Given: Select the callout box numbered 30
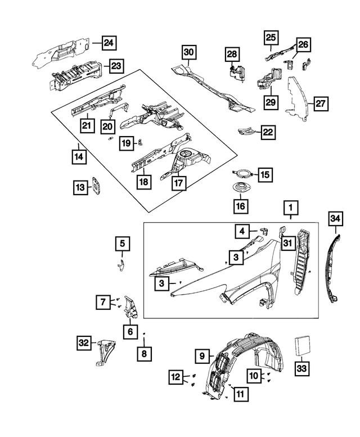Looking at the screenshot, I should click(x=188, y=54).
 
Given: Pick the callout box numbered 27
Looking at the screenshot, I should click(x=320, y=104).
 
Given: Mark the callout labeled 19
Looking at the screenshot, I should click(x=127, y=144).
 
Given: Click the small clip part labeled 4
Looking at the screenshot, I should click(x=263, y=229).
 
